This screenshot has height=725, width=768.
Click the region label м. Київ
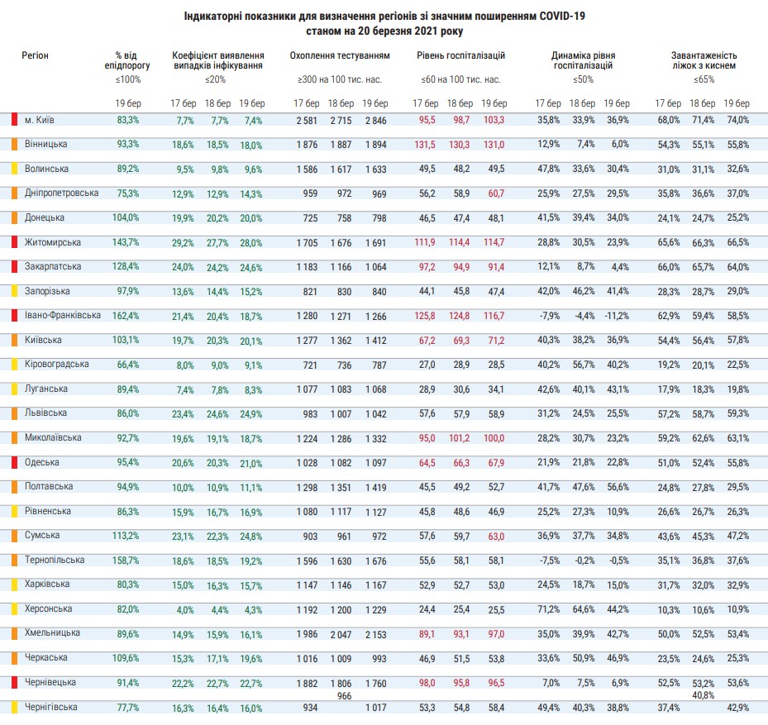[40, 120]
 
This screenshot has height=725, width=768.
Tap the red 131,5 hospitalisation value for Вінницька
[426, 145]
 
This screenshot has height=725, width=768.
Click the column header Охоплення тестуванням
[339, 56]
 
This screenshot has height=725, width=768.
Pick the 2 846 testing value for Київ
[374, 120]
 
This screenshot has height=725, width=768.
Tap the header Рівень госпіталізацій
[460, 56]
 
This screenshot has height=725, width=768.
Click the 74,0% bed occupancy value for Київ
[737, 120]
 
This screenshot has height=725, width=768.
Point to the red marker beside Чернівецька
[14, 683]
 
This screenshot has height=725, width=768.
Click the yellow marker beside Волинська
[14, 169]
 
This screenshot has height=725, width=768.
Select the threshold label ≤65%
[704, 80]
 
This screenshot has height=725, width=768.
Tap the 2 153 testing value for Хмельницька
[374, 634]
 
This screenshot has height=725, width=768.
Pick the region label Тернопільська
[55, 560]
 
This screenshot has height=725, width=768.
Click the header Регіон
[36, 55]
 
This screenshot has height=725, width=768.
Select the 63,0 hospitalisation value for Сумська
[495, 536]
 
